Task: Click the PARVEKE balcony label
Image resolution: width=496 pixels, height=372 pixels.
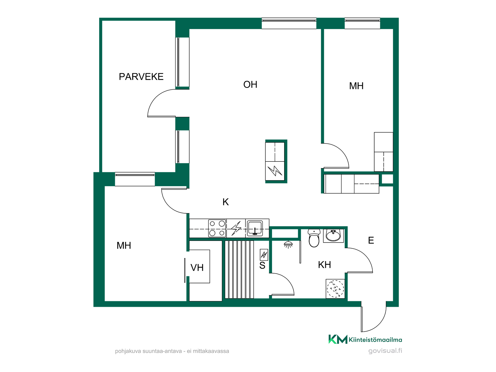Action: (141, 77)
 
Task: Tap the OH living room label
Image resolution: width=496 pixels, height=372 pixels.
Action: (250, 84)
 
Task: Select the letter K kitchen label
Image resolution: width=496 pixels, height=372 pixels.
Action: (226, 202)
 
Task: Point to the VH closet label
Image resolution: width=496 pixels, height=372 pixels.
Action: (197, 268)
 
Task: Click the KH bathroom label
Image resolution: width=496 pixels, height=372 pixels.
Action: (324, 265)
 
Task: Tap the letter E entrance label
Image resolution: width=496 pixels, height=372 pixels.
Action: (371, 241)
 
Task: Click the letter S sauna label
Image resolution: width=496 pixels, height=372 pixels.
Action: (262, 266)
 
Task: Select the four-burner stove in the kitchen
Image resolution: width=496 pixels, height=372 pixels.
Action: (217, 228)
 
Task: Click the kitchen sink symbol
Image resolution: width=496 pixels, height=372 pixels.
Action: (255, 228)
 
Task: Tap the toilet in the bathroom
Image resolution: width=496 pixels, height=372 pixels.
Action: (314, 238)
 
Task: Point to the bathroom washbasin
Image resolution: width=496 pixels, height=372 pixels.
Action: (333, 235)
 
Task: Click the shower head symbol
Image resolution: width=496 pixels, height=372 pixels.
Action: (288, 245)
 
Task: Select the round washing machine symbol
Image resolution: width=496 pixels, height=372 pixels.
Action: (335, 289)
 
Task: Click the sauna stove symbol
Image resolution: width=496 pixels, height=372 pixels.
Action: (264, 255)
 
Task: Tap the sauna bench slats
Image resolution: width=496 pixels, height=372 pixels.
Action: (239, 269)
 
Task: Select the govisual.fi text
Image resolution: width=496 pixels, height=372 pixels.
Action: (385, 351)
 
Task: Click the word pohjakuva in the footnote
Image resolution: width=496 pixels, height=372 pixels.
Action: (128, 351)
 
